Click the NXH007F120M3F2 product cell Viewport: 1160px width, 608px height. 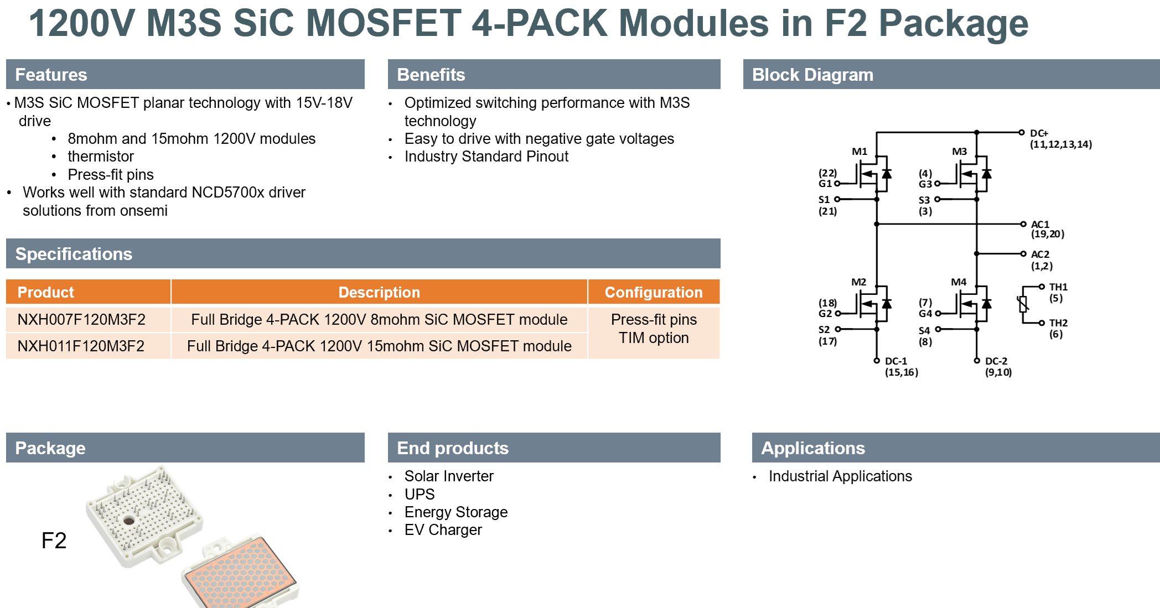coord(81,319)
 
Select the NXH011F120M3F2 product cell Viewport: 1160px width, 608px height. coord(81,346)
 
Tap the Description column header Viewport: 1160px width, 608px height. coord(379,292)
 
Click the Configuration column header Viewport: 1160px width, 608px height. coord(654,292)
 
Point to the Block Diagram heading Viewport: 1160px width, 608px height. coord(812,75)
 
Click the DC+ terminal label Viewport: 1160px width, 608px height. coord(1039,133)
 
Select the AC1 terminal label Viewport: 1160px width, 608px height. coord(1040,224)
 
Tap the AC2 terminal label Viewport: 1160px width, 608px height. coord(1040,254)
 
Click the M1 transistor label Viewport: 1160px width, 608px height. coord(859,152)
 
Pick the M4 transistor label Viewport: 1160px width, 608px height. coord(959,282)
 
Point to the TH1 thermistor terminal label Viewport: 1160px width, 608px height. coord(1058,287)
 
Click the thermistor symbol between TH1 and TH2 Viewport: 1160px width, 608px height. coord(1023,304)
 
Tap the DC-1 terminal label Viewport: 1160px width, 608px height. coord(896,361)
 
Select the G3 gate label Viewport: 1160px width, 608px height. coord(925,184)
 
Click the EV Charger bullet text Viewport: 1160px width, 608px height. coord(443,530)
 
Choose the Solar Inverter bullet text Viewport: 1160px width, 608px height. coord(449,476)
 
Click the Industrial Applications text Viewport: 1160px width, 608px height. coord(840,476)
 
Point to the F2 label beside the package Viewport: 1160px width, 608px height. coord(54,541)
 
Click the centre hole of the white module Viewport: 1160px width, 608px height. coord(129,520)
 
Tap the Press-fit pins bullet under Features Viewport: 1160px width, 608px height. coord(111,175)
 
